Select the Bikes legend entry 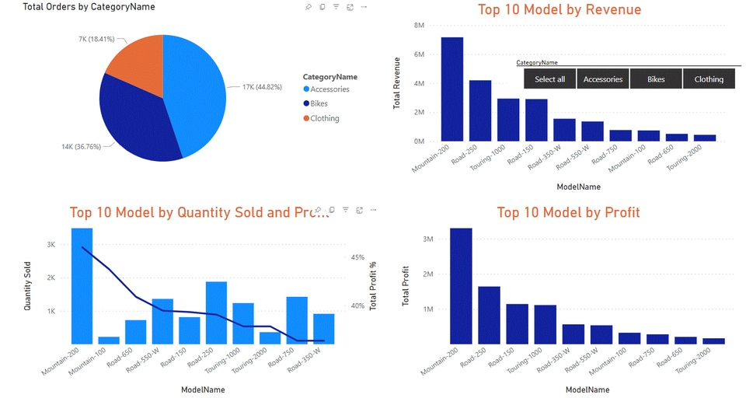tap(319, 103)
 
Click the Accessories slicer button tap(603, 79)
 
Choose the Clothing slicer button tap(709, 79)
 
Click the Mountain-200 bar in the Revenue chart tap(452, 89)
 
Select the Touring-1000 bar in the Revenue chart tap(508, 120)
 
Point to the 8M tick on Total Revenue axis tap(419, 26)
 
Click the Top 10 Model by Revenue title tap(559, 10)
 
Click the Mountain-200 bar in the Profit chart tap(461, 285)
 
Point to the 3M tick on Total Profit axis tap(428, 239)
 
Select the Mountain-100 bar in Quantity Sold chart tap(109, 340)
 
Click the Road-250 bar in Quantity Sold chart tap(216, 312)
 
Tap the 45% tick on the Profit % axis tap(357, 257)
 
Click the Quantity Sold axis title tap(28, 286)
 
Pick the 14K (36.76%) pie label tap(86, 146)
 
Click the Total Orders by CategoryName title tap(89, 7)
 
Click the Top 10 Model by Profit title tap(568, 212)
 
